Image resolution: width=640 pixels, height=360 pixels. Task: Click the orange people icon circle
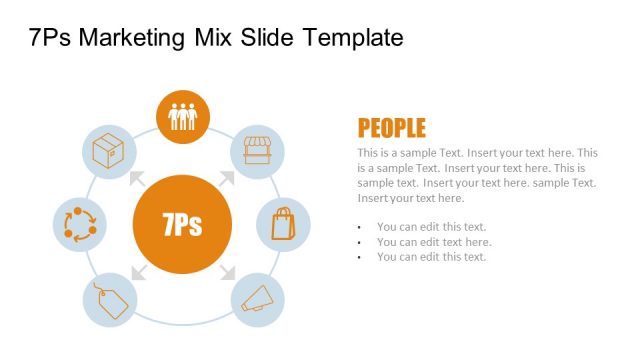[x=183, y=116]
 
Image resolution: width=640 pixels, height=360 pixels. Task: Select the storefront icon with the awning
[x=258, y=152]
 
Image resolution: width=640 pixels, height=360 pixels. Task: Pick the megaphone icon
[x=258, y=297]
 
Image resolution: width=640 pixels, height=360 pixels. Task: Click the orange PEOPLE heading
[x=391, y=128]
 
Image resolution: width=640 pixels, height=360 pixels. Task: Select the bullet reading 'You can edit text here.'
[x=433, y=242]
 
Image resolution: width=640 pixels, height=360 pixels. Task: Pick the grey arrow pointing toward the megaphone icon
[x=227, y=270]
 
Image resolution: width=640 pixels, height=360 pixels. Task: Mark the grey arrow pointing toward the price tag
[x=137, y=270]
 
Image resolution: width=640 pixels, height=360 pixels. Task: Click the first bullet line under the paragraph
[x=431, y=227]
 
